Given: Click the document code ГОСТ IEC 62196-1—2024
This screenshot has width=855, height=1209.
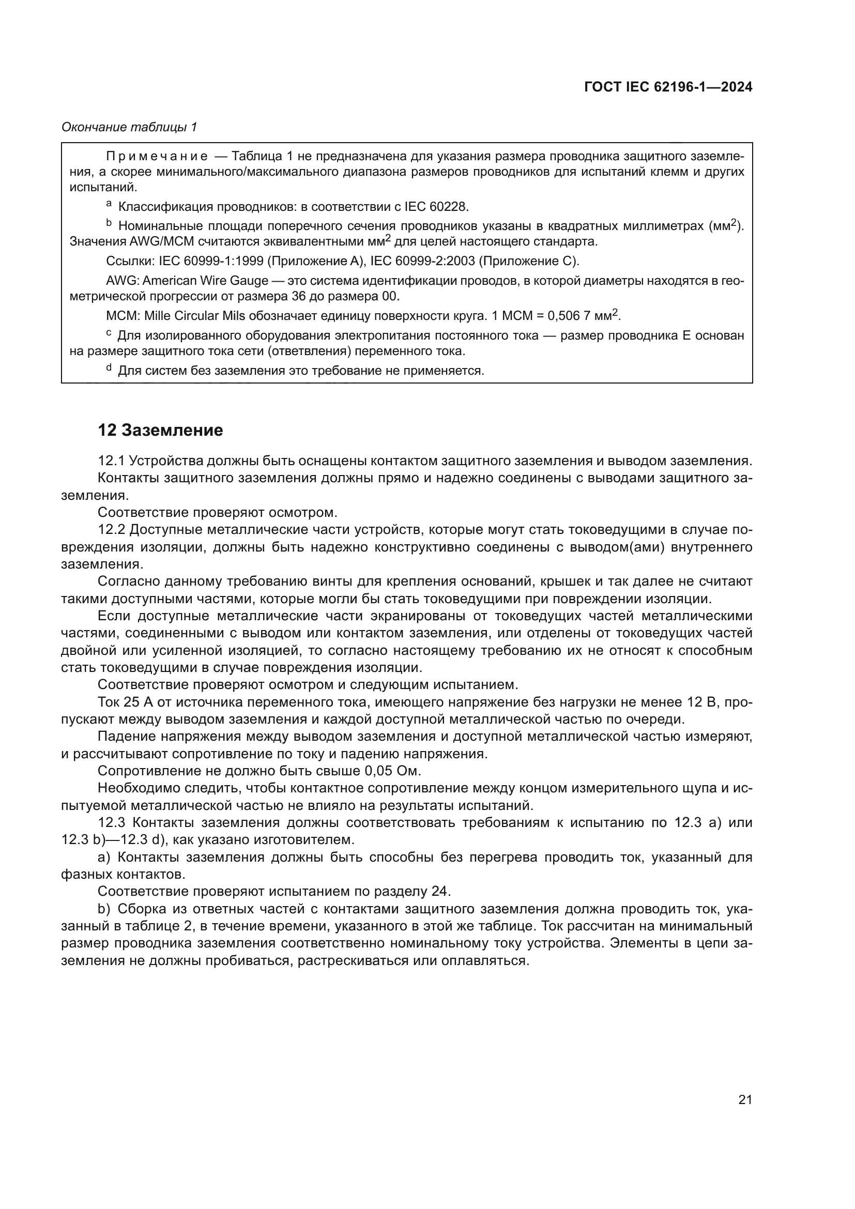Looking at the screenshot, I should [667, 87].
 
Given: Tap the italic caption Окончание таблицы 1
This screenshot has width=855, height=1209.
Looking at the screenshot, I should [129, 127].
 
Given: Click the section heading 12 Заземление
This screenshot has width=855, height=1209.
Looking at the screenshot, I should [160, 430].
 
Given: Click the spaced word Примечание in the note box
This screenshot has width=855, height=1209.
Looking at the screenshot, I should [156, 157].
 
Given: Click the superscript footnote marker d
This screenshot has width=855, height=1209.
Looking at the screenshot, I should [109, 368].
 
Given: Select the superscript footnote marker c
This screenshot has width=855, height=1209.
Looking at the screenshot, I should [109, 333].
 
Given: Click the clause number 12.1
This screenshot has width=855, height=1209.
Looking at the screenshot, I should [111, 461].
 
